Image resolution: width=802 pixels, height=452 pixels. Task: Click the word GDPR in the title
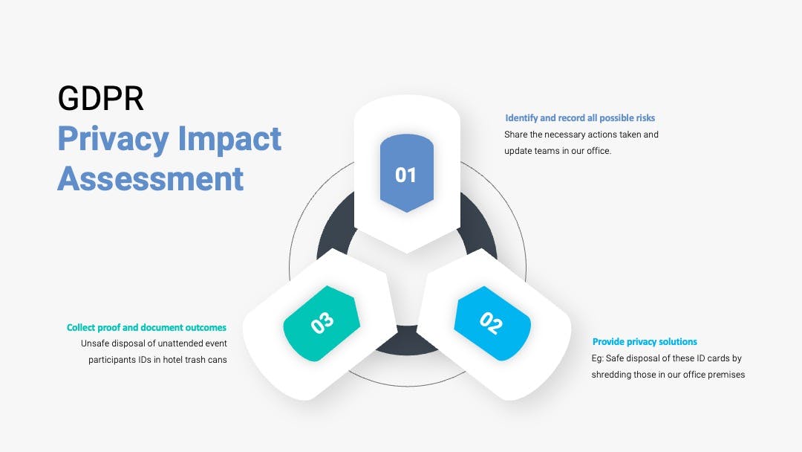101,98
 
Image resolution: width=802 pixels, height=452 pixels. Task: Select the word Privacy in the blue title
113,140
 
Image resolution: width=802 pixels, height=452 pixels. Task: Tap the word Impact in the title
229,139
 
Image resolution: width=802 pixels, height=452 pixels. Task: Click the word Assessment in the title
150,178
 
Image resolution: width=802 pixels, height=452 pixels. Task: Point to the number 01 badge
407,173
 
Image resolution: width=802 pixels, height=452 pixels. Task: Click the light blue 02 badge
492,323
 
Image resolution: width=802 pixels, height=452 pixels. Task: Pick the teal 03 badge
322,323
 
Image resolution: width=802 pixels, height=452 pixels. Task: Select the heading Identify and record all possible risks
580,117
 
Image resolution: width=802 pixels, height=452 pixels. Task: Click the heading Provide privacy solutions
645,341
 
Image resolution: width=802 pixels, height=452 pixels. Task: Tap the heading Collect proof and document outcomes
146,327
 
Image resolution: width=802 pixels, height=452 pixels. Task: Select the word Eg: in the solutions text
597,358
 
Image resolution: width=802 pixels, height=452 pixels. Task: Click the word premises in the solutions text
727,375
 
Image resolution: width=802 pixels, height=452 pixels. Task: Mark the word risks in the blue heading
645,117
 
